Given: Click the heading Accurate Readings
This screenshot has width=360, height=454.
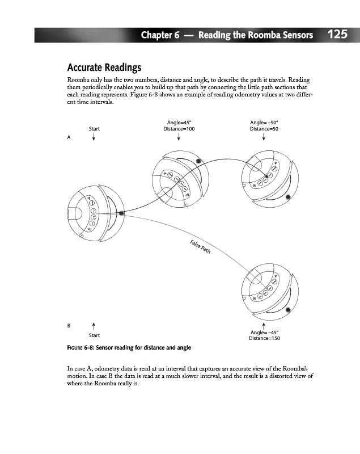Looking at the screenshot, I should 104,68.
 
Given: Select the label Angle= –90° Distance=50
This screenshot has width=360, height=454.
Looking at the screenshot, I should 264,125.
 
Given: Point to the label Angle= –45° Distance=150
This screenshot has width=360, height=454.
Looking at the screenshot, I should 264,335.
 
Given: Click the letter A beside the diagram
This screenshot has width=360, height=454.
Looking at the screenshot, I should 69,137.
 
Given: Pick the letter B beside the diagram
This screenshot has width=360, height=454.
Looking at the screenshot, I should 69,326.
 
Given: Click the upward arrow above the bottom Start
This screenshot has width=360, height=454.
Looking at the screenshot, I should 94,325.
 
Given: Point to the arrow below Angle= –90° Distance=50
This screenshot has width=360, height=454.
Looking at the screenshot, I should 264,138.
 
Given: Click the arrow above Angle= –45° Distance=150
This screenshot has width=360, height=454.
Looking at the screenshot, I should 264,324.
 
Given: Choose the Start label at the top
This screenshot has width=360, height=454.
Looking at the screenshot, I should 94,129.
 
